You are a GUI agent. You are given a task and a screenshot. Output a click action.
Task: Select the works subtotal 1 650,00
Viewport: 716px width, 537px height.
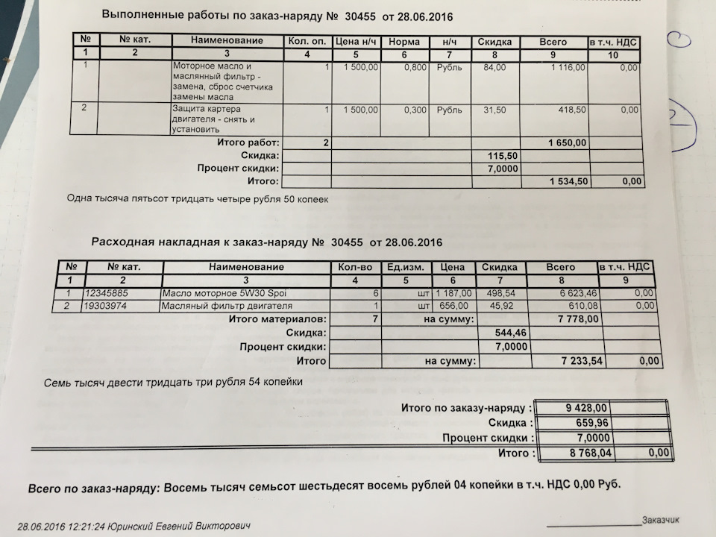(568, 142)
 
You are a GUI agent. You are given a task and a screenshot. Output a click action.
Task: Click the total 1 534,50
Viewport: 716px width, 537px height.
(568, 181)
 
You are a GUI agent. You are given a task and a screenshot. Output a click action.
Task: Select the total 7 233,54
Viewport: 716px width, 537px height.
(580, 361)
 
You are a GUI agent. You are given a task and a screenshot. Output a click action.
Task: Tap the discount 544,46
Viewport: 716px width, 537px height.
(511, 333)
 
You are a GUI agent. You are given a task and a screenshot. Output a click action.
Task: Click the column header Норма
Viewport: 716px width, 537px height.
(404, 42)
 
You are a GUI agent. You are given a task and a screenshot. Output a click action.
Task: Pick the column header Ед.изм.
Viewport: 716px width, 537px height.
(404, 267)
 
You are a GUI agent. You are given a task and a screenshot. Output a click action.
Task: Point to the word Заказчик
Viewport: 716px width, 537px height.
(660, 520)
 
